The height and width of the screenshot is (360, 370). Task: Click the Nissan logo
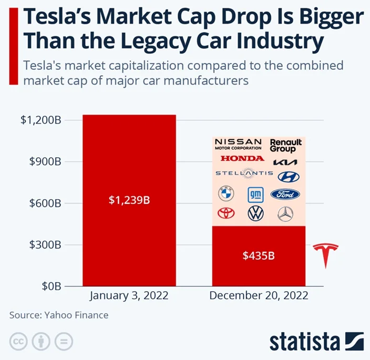coord(238,145)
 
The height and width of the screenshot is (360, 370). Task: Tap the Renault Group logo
coord(286,146)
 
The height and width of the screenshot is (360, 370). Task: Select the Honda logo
coord(242,158)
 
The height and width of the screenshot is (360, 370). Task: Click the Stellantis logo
coord(244,173)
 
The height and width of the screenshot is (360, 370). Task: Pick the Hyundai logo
coord(287,177)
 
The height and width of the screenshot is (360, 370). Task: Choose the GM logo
coord(255,194)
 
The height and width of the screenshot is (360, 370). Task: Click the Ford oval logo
coord(285,194)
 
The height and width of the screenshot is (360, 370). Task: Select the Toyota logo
coord(226,213)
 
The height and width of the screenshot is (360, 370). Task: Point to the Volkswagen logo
coord(255,213)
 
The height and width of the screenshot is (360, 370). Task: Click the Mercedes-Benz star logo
coord(285,213)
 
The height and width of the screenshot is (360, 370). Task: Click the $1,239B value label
coord(129,200)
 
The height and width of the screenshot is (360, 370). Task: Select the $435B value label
coord(259,256)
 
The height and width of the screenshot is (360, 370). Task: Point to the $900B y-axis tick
coord(40,162)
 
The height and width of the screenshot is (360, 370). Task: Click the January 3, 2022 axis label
coord(129,295)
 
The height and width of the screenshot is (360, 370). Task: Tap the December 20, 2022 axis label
coord(259,295)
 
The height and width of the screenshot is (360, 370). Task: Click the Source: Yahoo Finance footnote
coord(59,315)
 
